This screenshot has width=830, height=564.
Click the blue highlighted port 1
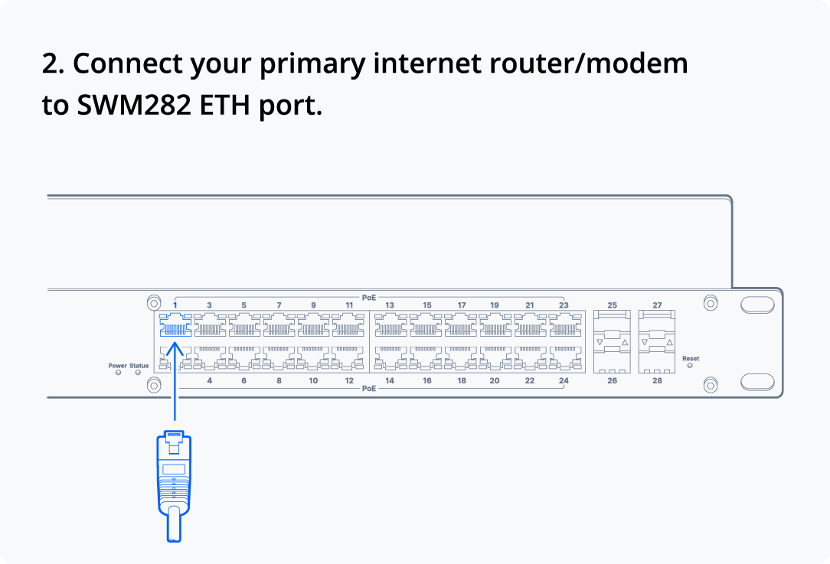[x=175, y=324]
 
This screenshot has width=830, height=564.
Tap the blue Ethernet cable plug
[x=174, y=486]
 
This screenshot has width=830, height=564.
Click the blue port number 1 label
[x=175, y=305]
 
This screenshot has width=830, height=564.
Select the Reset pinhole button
[x=690, y=366]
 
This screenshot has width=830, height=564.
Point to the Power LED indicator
[x=118, y=373]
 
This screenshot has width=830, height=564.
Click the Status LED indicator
[x=138, y=373]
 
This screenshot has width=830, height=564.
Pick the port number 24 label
[x=564, y=380]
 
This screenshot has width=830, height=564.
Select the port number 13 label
[x=390, y=305]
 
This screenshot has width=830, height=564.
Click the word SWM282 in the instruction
[x=134, y=105]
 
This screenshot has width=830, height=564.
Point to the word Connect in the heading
[x=128, y=64]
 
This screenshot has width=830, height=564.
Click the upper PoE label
[x=369, y=298]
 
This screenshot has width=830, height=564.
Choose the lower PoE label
[x=369, y=388]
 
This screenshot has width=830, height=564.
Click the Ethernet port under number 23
[x=565, y=324]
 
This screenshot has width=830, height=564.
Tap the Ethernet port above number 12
[x=348, y=358]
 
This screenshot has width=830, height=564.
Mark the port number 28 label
[x=657, y=380]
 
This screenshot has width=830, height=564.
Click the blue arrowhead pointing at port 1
[x=175, y=349]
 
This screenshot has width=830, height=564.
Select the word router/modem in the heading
[x=589, y=64]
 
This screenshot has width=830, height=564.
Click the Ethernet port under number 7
[x=279, y=324]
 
